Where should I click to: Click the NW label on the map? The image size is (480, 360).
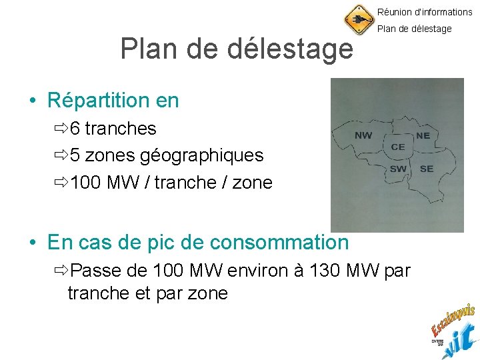point(363,135)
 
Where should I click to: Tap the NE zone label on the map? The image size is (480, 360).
point(423,135)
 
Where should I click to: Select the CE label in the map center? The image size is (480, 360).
point(398,147)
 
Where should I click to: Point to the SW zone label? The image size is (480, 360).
point(398,169)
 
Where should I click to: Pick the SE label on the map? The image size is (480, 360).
point(427,169)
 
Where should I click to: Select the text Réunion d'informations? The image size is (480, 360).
point(425,12)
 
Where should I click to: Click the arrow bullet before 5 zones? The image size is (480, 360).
point(61,155)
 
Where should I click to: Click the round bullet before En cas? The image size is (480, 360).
point(32,243)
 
